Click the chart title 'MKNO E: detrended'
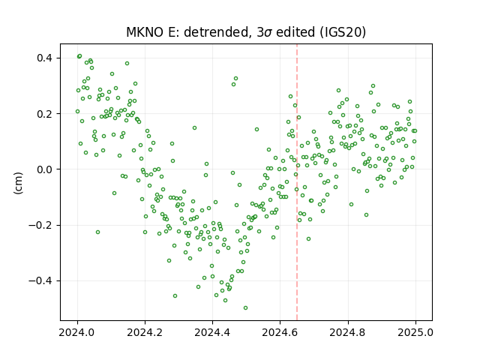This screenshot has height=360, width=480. (187, 32)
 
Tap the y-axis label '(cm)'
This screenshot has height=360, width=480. (18, 183)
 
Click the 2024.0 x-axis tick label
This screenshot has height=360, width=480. (77, 332)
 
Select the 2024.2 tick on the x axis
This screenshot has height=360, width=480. (145, 332)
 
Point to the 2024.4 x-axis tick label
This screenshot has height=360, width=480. (212, 332)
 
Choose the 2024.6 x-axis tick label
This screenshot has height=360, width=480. (280, 332)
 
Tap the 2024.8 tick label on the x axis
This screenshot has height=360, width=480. (348, 332)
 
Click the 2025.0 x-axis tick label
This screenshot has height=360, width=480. (415, 332)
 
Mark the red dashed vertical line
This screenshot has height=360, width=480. (297, 182)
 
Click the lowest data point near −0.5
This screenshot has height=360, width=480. (245, 307)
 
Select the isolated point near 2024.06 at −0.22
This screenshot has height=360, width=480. (97, 232)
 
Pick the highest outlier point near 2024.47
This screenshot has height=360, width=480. (235, 78)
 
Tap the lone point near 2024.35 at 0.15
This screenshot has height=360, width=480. (194, 128)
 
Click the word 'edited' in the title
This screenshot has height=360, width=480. (295, 32)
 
